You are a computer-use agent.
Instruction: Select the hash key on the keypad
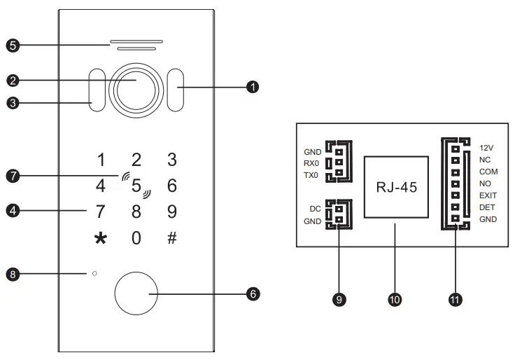[x=171, y=237]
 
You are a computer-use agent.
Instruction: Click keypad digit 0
[x=136, y=237]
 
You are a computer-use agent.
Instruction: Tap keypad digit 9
[x=171, y=210]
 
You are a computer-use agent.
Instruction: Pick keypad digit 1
[x=102, y=159]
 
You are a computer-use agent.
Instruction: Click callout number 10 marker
[x=395, y=299]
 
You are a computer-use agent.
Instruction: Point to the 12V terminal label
[x=487, y=148]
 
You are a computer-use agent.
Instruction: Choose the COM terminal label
[x=488, y=172]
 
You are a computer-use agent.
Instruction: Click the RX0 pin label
[x=311, y=163]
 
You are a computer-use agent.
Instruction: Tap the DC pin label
[x=315, y=209]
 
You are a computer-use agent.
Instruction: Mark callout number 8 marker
[x=10, y=274]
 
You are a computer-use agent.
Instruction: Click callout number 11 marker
[x=455, y=299]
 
